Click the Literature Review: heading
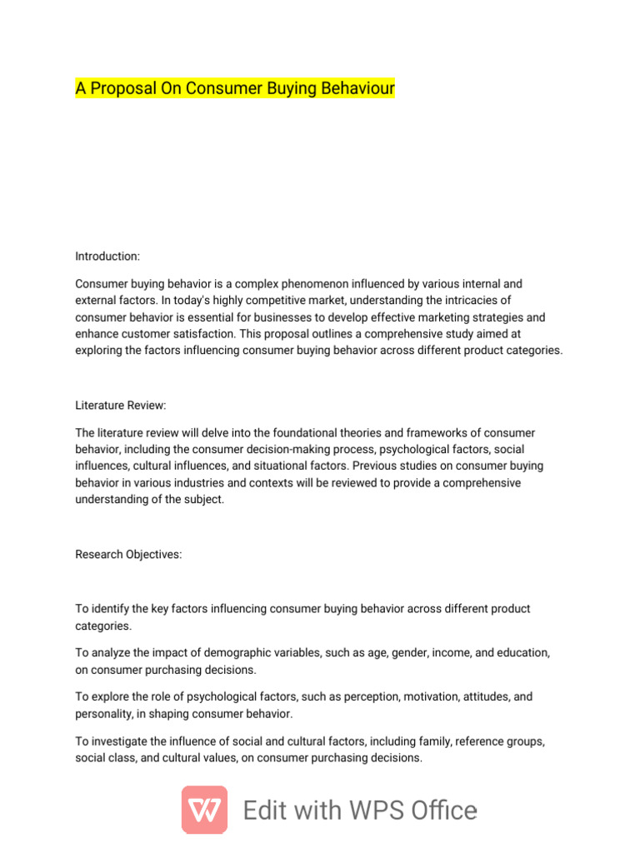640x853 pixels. click(121, 405)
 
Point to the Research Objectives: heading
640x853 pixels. click(128, 554)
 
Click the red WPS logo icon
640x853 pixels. click(204, 810)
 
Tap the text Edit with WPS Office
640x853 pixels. click(360, 811)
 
